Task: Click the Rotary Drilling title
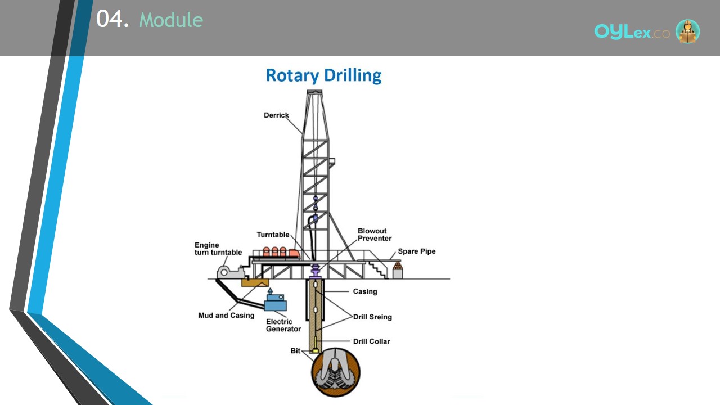323,75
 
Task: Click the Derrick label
276,115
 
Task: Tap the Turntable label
273,235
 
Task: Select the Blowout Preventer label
375,235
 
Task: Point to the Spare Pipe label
417,251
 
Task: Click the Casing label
365,291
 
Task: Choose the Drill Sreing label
372,317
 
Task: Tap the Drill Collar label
372,341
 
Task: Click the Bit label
295,350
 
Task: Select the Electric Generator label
283,325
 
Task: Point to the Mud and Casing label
226,316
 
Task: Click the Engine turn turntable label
218,249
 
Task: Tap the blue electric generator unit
275,300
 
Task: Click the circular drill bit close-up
336,372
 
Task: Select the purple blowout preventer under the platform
316,271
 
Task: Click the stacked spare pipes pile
398,265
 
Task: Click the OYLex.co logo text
632,32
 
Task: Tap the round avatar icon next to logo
687,31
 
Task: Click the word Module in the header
171,20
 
